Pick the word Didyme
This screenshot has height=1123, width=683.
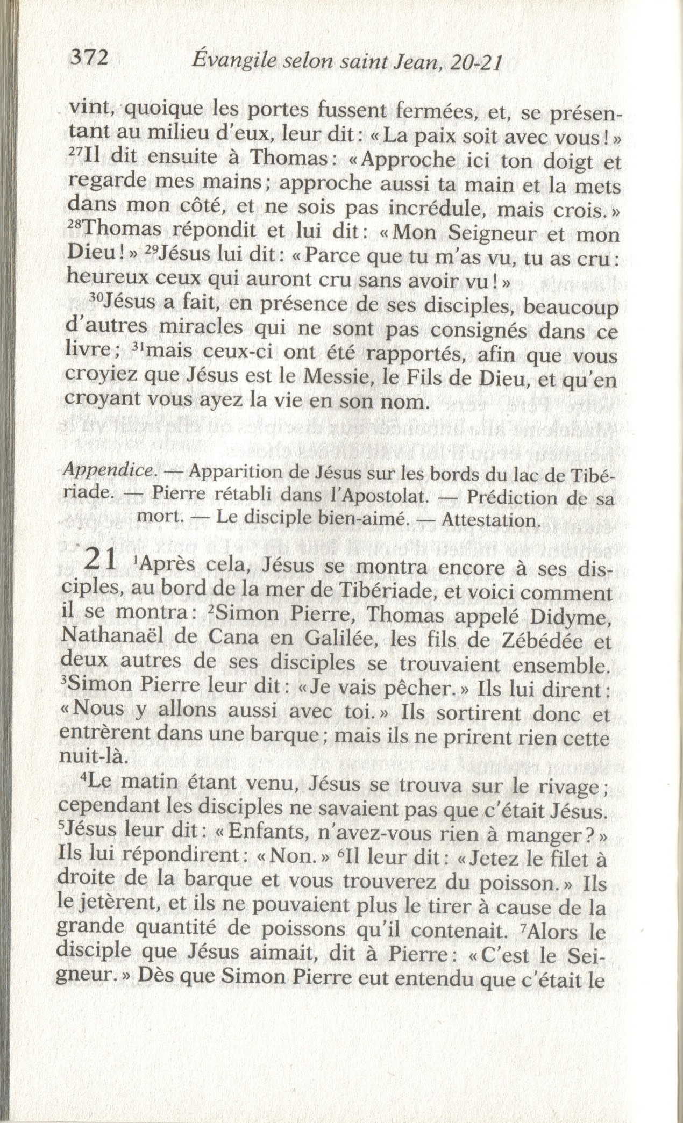574,616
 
